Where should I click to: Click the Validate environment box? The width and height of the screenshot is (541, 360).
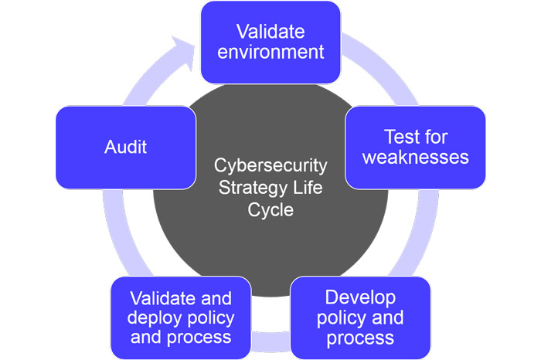coord(270,42)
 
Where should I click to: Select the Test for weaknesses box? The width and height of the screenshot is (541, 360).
coord(416,147)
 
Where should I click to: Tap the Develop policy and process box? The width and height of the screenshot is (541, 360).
coord(360,317)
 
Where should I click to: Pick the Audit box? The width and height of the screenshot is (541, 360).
coord(126,147)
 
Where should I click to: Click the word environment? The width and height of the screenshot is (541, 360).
coord(270,53)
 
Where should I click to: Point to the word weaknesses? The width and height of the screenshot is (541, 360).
coord(416,158)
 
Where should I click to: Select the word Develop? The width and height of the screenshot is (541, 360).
coord(360,297)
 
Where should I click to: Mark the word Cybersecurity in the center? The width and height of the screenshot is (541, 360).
coord(270,167)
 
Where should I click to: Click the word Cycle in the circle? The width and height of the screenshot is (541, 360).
coord(270,209)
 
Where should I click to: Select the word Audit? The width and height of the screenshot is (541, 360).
coord(126,147)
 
